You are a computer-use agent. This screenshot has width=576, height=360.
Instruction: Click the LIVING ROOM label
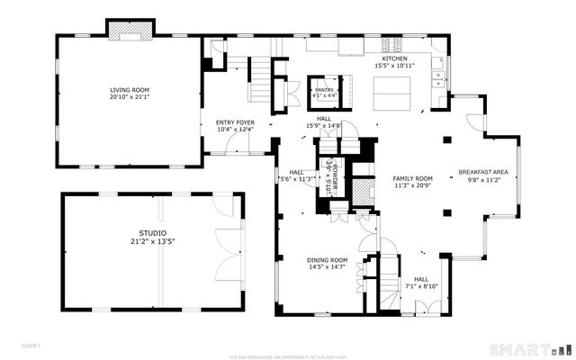point(128,90)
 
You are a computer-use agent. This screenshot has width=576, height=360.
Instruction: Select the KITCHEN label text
point(394,58)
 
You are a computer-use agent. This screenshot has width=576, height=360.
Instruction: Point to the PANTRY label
point(325,90)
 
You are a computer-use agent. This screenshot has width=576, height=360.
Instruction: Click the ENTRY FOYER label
point(236,122)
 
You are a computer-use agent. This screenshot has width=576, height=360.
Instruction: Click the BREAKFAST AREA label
point(483,172)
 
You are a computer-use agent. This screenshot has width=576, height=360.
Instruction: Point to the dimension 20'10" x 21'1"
point(128,97)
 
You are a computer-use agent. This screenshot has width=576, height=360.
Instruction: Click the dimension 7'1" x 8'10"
point(422,286)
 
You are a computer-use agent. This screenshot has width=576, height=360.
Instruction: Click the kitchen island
point(393,92)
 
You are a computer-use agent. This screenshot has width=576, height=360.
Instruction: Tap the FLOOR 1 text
point(31,345)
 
